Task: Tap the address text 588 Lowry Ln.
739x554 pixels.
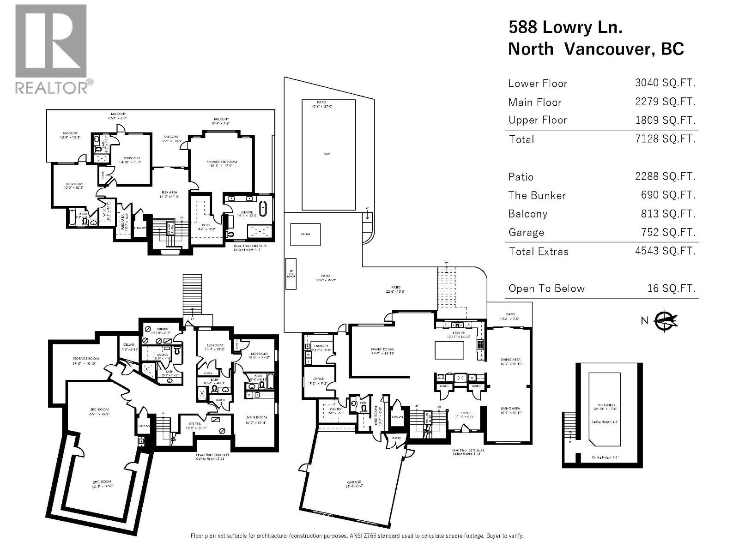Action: click(565, 27)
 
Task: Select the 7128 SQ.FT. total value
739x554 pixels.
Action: click(665, 138)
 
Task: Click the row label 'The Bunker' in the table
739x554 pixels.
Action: click(537, 195)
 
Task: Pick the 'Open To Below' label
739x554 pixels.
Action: click(546, 289)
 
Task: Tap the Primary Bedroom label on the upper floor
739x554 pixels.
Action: click(221, 162)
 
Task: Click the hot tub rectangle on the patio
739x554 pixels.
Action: click(305, 235)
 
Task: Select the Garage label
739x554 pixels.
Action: click(354, 482)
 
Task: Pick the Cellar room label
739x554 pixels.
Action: click(128, 345)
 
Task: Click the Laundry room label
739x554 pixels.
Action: click(321, 346)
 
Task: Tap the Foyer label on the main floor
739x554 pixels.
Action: click(465, 413)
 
